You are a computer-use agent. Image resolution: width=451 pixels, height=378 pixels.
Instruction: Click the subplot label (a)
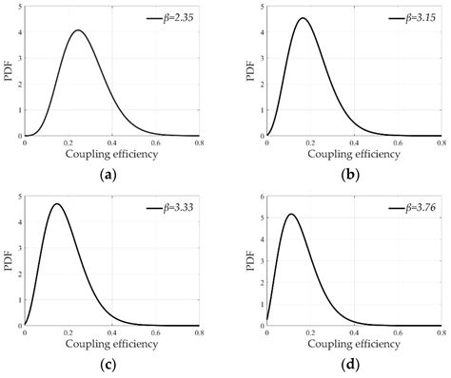pos(112,174)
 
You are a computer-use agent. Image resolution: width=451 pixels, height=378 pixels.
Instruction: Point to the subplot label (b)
pos(354,174)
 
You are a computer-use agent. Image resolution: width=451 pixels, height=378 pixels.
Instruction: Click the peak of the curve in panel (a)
pos(78,30)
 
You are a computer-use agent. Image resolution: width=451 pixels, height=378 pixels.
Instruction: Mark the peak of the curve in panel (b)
pos(303,18)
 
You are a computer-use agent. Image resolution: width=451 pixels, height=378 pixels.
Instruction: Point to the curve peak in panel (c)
pos(57,204)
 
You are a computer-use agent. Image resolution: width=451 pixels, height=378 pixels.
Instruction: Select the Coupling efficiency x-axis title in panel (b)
pos(354,154)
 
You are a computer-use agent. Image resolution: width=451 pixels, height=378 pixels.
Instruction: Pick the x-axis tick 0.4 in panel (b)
pos(354,143)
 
